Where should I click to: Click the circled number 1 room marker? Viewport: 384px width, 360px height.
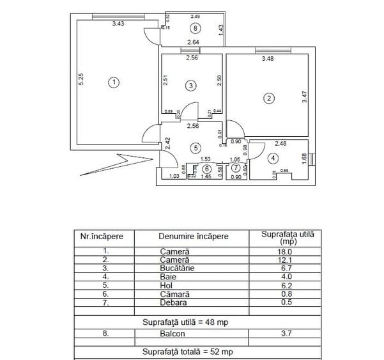113,82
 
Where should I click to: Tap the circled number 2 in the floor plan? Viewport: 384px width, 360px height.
270,98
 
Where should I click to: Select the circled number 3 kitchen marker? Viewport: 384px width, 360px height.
190,85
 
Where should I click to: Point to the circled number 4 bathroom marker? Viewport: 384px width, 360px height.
273,157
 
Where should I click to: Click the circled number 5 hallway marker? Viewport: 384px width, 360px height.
196,148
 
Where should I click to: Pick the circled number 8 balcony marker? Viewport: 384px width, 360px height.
195,27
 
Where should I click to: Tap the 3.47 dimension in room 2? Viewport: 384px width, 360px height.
305,98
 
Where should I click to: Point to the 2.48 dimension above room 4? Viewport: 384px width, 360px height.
280,144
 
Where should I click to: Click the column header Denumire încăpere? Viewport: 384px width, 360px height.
193,237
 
